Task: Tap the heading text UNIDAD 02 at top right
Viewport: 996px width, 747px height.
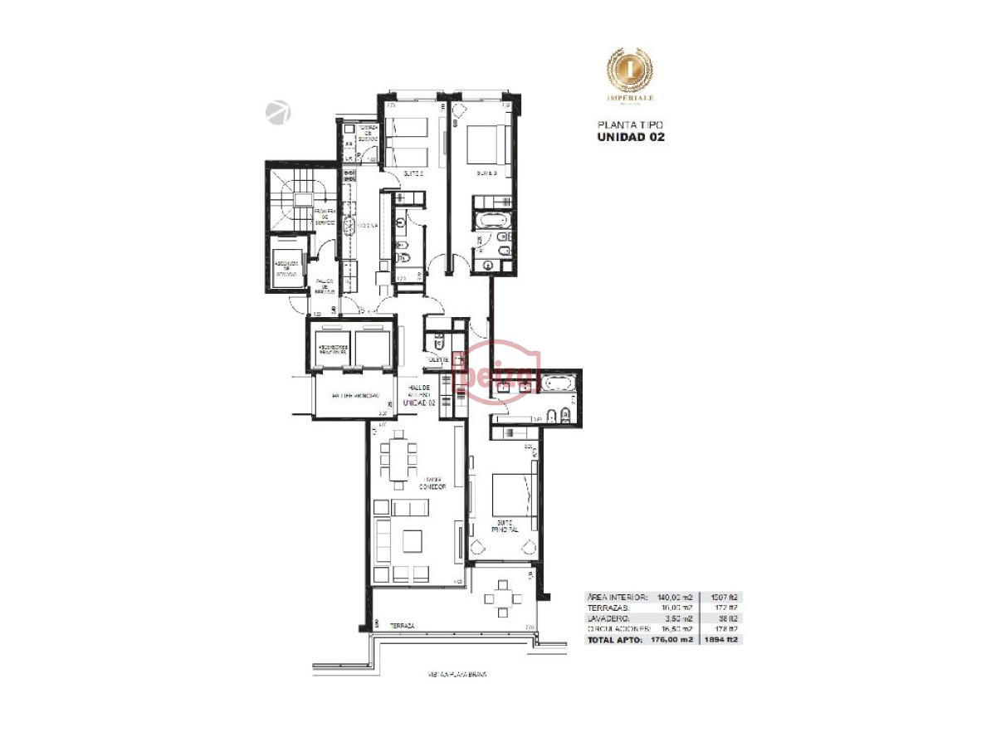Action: tap(631, 137)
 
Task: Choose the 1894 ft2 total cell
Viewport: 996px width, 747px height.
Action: tap(721, 639)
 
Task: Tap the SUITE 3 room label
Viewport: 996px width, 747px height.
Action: tap(486, 174)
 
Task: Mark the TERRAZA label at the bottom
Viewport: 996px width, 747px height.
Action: tap(401, 626)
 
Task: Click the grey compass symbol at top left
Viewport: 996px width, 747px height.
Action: tap(278, 112)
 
